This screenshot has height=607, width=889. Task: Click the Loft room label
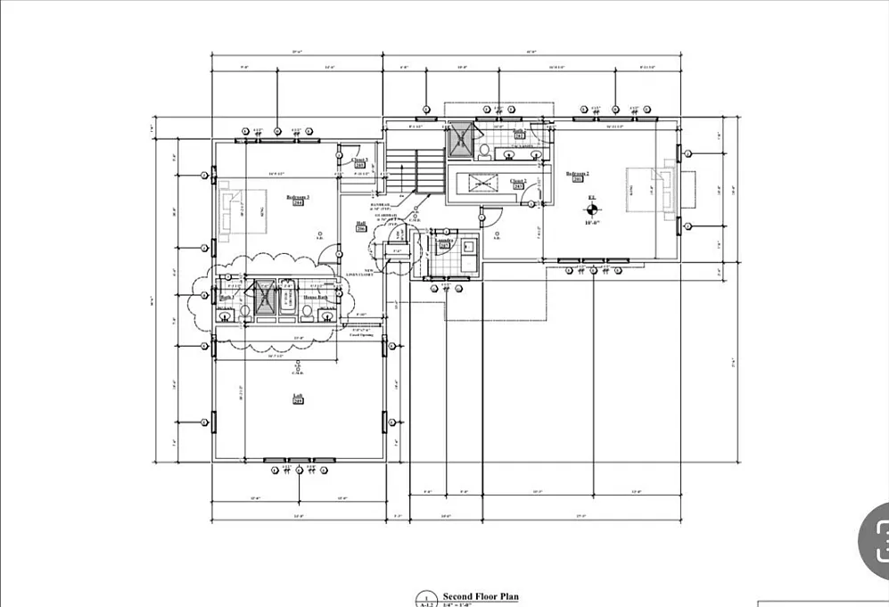point(298,398)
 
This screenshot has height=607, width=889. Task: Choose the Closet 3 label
point(359,160)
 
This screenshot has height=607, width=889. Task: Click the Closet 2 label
point(519,182)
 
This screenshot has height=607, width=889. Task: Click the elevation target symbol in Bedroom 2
point(591,209)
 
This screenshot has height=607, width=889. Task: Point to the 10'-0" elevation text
point(591,224)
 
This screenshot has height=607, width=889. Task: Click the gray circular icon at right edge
point(876,539)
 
